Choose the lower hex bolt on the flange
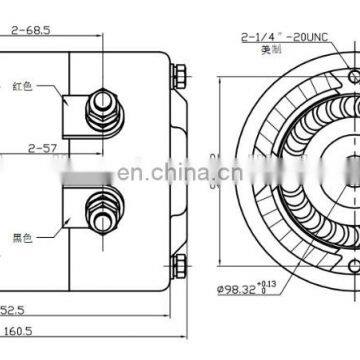click(x=178, y=266)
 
